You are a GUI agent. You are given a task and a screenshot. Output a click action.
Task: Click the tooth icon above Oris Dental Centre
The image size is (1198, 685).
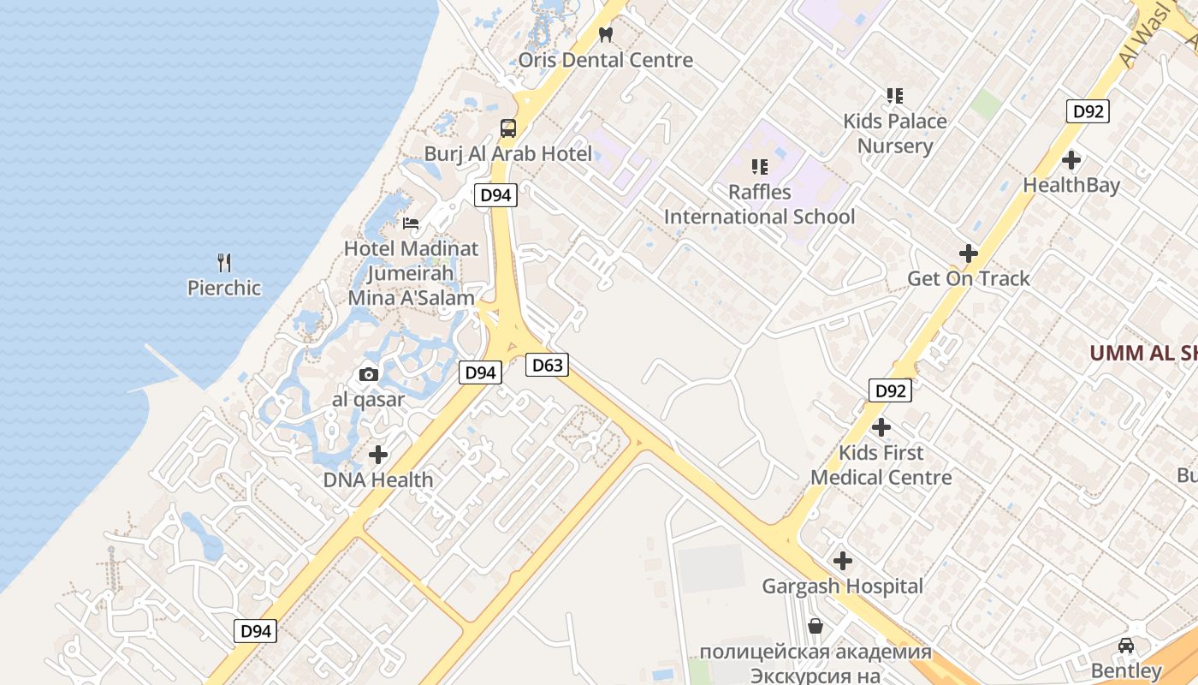coord(606,35)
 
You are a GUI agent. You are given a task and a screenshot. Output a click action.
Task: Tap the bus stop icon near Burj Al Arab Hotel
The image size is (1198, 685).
coord(508,128)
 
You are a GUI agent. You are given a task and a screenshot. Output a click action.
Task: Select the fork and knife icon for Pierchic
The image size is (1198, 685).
coord(224,262)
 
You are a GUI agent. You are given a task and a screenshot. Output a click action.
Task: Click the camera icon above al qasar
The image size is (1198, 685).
coord(369,374)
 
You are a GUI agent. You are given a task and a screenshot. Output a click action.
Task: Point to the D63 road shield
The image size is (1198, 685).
coord(547,366)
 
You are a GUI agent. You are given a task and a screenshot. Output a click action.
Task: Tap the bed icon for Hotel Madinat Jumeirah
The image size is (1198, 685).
coord(411,223)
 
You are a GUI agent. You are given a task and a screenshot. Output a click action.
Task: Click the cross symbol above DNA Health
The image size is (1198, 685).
coord(378,455)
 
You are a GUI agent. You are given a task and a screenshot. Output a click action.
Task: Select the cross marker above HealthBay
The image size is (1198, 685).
coord(1071,160)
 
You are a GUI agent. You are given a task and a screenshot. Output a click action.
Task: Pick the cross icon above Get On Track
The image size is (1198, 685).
coord(969,253)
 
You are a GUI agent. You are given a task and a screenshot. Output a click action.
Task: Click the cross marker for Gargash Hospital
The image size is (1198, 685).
coord(843,562)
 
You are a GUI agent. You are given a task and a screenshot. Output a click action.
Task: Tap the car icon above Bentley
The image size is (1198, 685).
coord(1126,646)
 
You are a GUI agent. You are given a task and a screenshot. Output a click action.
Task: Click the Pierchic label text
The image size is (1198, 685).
coord(224,288)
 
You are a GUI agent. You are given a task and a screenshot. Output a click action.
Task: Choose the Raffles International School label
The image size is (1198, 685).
coord(760,205)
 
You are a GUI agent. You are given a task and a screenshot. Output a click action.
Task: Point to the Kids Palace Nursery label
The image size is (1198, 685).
coord(895,134)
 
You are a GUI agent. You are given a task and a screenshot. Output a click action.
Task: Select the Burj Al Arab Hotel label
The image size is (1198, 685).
coord(508,154)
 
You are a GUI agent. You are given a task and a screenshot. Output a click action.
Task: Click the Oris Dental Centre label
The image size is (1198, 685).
coord(606,60)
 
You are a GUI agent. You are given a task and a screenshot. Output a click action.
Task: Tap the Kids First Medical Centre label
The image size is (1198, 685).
coord(881,465)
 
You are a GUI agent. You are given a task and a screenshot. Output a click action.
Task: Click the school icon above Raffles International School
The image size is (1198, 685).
coord(760,167)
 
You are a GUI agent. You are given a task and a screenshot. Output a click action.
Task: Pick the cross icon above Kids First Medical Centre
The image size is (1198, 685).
coord(881,426)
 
